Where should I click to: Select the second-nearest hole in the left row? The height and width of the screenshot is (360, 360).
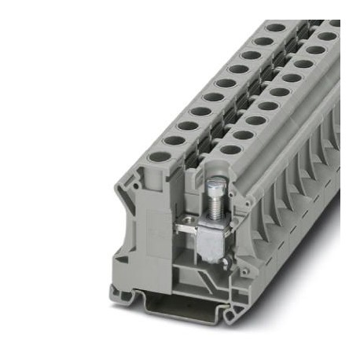pos(174,140)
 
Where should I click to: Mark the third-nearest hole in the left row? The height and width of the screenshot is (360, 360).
pos(188,125)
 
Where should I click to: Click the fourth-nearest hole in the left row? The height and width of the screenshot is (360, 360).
pos(201,111)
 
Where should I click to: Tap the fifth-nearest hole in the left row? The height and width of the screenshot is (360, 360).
pos(214,97)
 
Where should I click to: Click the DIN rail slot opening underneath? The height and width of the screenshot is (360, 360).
pos(177,305)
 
